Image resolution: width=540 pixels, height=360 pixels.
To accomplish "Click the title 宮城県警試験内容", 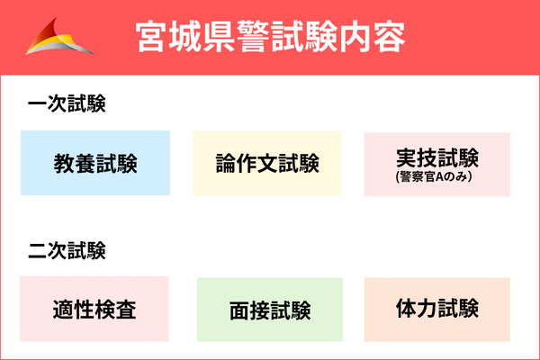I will (269, 37).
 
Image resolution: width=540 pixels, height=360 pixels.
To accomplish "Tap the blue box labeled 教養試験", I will (94, 163).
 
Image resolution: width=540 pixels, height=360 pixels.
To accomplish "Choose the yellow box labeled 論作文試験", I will (267, 163).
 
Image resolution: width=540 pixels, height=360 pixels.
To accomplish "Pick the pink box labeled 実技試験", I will (436, 164).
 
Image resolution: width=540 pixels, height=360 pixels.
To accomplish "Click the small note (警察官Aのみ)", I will (436, 178).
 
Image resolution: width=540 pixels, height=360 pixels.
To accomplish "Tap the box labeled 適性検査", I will (94, 309).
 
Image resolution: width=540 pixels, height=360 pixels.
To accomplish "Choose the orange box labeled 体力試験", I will (436, 309).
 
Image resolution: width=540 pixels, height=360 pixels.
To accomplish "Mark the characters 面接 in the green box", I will (249, 310).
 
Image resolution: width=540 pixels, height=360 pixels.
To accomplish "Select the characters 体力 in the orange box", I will (416, 308).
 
